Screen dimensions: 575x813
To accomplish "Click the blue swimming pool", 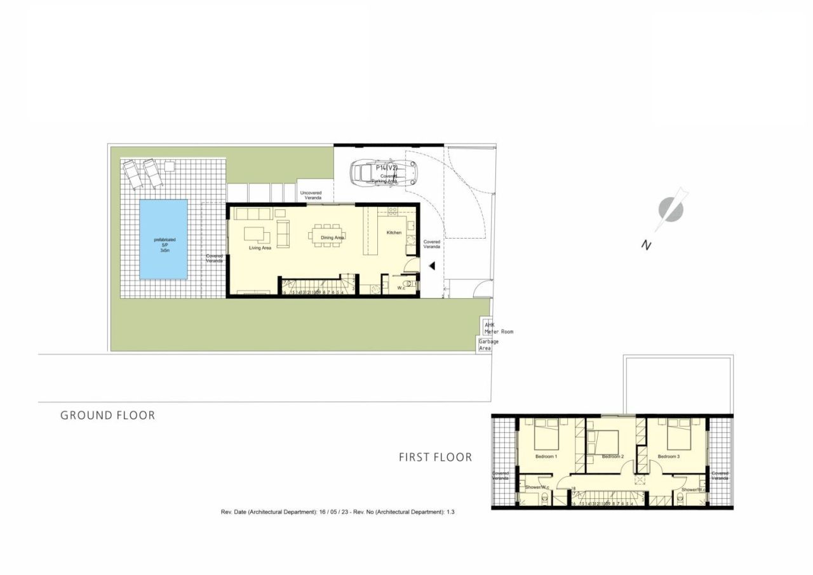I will (163, 239).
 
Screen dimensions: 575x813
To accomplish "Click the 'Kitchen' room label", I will (394, 233).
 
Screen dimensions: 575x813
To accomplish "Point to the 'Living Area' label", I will (260, 248).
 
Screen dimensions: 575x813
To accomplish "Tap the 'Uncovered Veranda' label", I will (311, 195).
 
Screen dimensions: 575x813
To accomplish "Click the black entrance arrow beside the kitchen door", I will (431, 267).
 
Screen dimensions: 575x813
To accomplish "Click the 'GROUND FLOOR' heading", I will (107, 416).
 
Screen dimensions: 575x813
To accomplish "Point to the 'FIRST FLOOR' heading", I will (435, 457).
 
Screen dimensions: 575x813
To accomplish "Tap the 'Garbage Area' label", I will (488, 345).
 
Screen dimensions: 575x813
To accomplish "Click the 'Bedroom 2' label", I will (613, 457).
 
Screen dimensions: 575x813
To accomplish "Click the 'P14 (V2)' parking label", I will (386, 168).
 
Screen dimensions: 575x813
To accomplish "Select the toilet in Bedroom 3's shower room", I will (680, 499).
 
